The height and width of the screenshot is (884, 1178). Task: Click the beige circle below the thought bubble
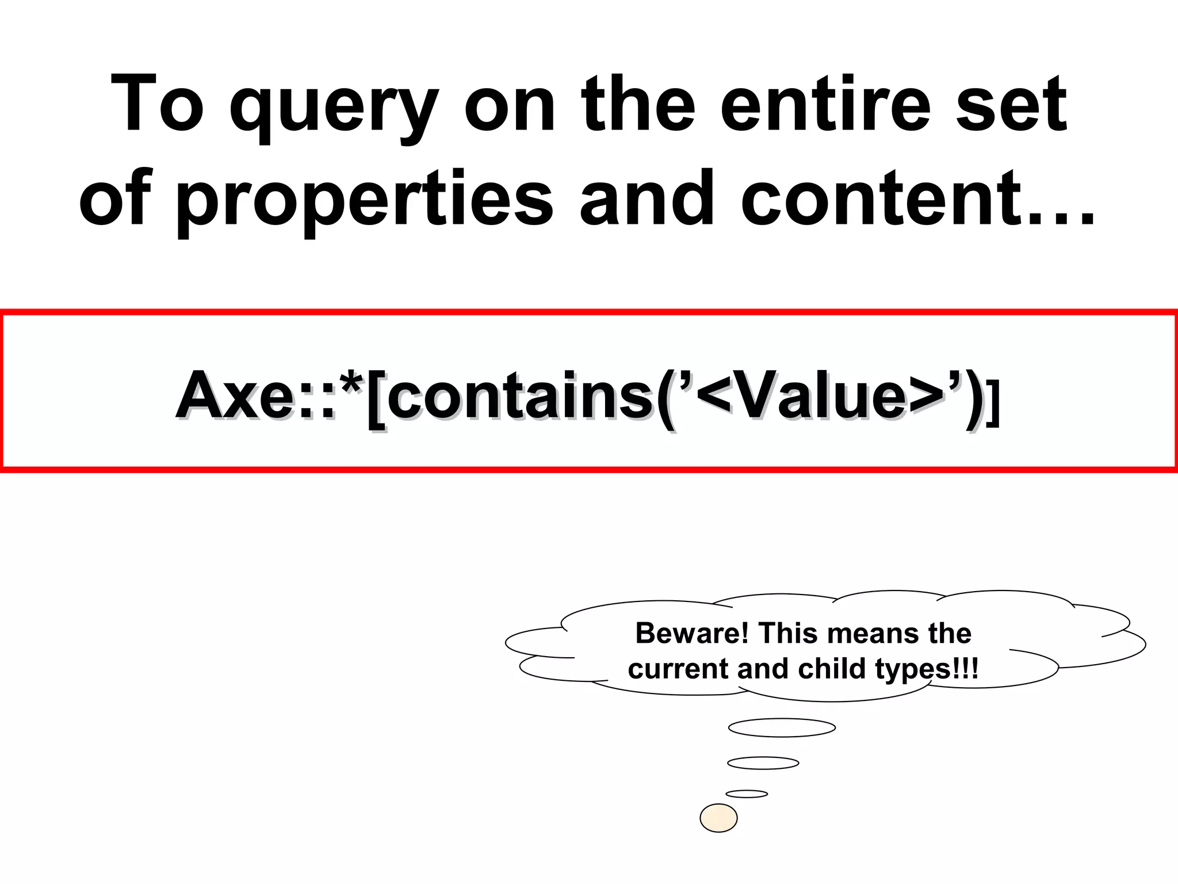[x=718, y=818]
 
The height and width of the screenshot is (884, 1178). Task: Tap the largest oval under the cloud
[x=782, y=727]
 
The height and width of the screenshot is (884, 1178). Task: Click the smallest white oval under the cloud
[x=747, y=794]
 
